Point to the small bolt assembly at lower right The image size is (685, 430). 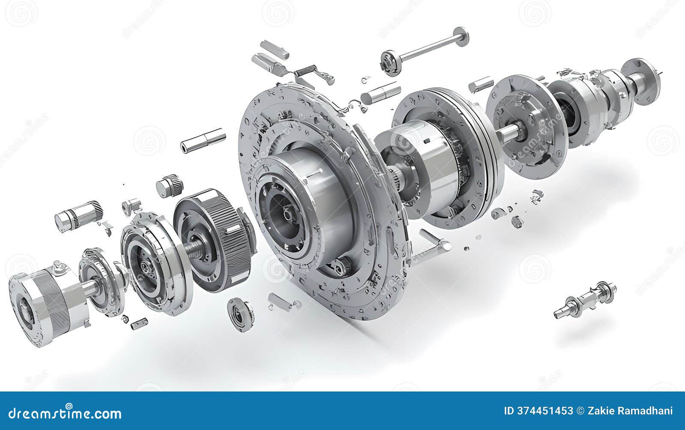click(585, 300)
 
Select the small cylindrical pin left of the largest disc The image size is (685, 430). click(203, 140)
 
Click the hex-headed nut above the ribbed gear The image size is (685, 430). click(170, 186)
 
